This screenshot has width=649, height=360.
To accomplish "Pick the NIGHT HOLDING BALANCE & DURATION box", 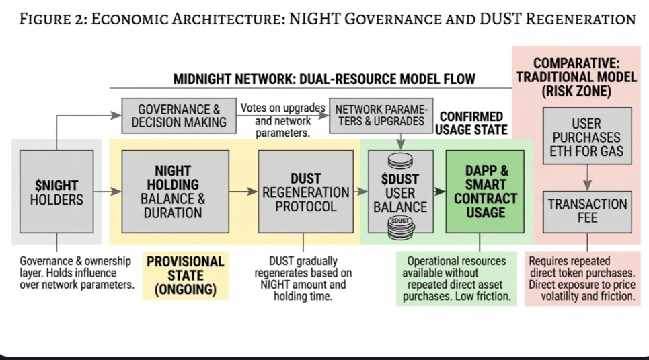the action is coord(175,192).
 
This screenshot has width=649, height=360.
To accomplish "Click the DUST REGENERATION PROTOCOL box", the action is coord(305,192).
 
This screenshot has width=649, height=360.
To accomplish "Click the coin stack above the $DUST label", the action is coord(400,161).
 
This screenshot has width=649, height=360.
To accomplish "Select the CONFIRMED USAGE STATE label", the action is coord(471,123).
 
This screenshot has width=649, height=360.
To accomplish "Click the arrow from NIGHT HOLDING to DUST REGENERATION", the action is coord(243,192).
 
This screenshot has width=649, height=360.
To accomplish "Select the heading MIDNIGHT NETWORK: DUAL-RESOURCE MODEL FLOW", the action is coord(324,79).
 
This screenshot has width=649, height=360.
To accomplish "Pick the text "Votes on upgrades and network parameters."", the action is coord(283,121).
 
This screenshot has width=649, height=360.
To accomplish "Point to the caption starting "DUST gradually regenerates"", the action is coord(303,278).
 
